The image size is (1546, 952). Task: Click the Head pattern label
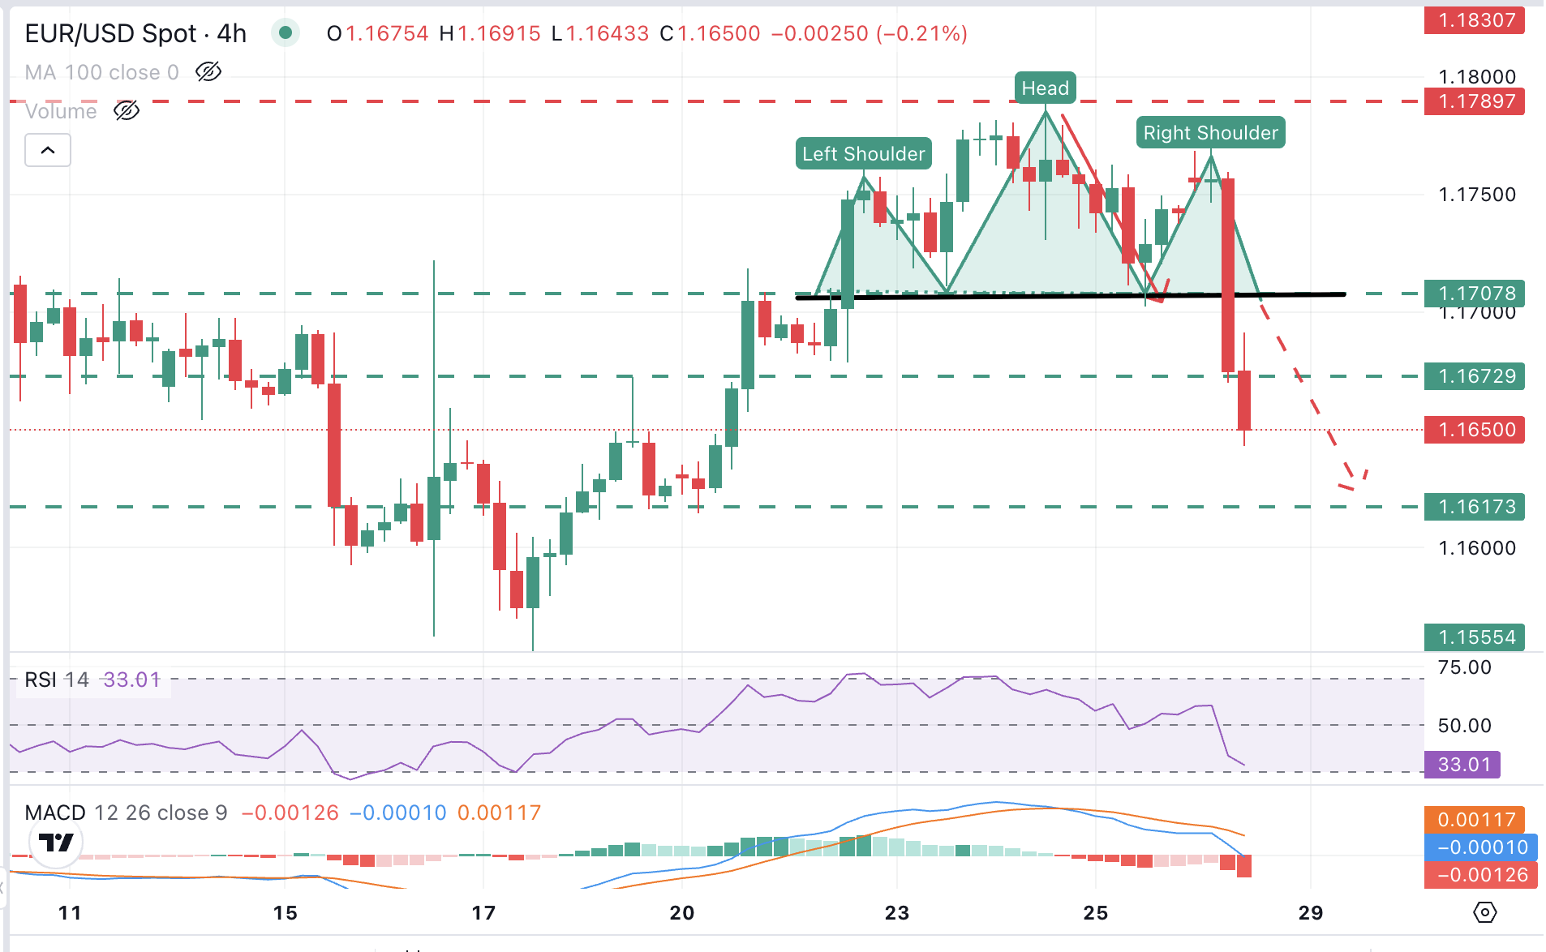1045,88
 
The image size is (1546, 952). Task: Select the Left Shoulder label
863,154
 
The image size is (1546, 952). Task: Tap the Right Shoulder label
1210,133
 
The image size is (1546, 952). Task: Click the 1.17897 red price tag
1475,101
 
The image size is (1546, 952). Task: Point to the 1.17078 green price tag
1475,293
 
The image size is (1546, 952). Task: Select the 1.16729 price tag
1475,376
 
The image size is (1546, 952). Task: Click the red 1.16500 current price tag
1475,430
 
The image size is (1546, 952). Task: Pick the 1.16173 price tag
1475,507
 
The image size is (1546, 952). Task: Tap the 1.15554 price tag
1475,637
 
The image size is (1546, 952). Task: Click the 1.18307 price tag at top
1475,20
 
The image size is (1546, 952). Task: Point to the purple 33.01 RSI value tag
1462,765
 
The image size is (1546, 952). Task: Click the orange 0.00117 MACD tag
1475,820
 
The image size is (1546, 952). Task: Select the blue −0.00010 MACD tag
1480,847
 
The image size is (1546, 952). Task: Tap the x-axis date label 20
682,913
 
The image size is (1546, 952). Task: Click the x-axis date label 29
1311,913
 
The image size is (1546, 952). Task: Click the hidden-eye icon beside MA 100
208,72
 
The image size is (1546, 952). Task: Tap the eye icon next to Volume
127,111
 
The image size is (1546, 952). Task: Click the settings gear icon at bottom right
1484,912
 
